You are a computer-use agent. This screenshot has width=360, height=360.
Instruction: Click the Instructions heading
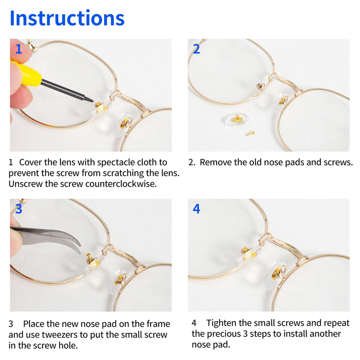(67, 18)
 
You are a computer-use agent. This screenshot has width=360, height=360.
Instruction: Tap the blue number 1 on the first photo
(18, 49)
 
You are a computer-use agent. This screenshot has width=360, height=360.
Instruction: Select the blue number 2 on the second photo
(196, 49)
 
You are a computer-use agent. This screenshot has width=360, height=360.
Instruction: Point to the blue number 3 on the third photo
(18, 209)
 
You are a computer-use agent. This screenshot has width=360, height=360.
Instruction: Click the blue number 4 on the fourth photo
(196, 209)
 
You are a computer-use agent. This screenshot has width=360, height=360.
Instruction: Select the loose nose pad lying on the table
(237, 119)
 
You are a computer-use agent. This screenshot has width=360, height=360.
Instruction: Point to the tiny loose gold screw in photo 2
(250, 134)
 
